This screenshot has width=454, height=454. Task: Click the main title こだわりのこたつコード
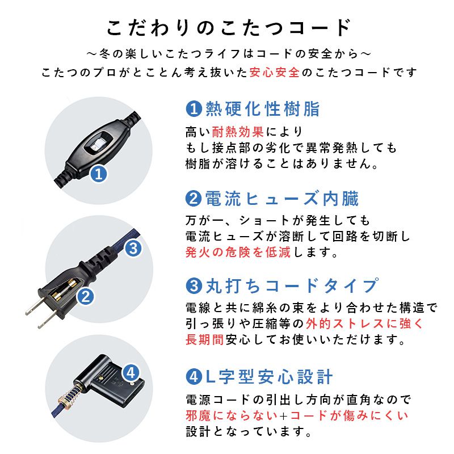227,27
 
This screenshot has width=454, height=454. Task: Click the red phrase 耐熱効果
238,132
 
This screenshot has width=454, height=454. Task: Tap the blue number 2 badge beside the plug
85,296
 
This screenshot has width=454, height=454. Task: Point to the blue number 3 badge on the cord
132,247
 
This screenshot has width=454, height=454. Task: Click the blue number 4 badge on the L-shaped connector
130,373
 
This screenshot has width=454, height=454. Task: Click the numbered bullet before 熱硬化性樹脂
194,108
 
